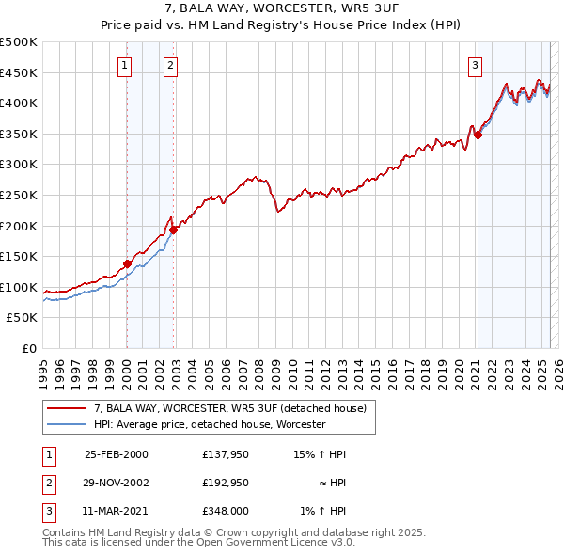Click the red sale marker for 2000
point(127,263)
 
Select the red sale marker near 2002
point(173,230)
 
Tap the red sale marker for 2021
point(478,135)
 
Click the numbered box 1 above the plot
point(125,65)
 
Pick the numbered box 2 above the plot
point(170,65)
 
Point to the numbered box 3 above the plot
point(476,65)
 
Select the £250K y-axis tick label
point(19,195)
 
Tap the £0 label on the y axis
point(29,348)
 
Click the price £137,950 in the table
point(224,454)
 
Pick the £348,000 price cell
point(224,511)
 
